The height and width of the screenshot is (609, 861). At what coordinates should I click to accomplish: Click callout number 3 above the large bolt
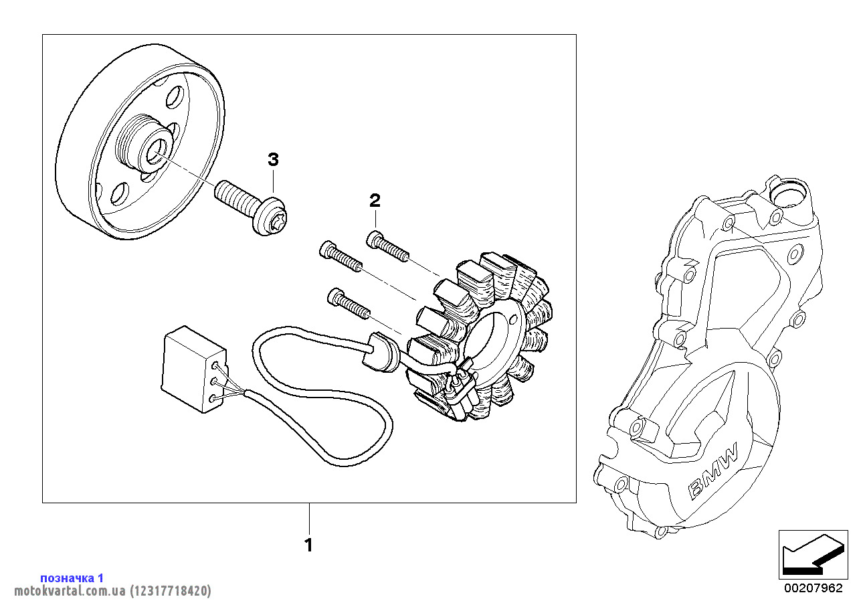click(273, 159)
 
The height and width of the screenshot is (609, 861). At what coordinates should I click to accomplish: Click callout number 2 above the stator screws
click(375, 199)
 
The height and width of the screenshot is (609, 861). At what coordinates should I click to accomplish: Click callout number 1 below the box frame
click(308, 545)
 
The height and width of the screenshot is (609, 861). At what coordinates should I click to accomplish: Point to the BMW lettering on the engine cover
click(714, 470)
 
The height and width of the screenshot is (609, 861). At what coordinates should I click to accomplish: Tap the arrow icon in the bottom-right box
click(810, 555)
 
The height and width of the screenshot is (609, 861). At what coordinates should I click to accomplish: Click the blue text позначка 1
click(72, 578)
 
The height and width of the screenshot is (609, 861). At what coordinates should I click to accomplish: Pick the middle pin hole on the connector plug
click(214, 381)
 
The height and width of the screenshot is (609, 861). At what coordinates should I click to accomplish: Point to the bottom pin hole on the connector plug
click(213, 398)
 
